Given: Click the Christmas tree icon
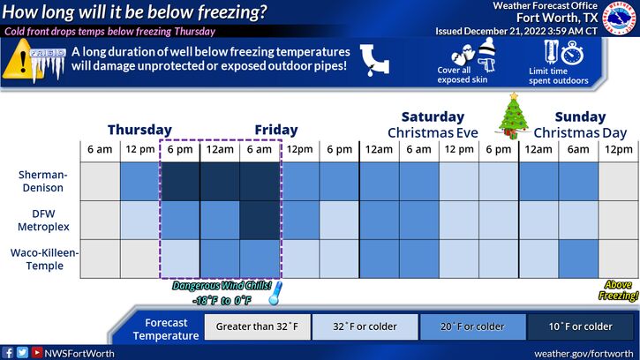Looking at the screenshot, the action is [513, 116].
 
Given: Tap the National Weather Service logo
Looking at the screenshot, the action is [621, 18].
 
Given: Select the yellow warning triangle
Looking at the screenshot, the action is [21, 59].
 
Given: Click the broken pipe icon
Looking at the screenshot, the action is [374, 60].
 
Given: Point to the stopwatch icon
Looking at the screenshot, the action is [572, 53].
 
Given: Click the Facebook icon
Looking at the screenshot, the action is [7, 353].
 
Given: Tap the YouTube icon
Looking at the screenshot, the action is [37, 352].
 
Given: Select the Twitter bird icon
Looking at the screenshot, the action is [22, 353].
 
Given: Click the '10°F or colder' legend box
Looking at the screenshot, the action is [580, 326].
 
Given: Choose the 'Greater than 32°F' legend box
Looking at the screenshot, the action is [257, 326].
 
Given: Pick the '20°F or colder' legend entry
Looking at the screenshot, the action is [472, 326].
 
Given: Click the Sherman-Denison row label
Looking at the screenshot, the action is [42, 181].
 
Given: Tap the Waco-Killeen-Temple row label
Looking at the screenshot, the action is [44, 259].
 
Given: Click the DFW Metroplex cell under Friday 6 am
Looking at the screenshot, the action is [260, 220].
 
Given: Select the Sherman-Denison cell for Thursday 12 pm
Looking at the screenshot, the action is [140, 181].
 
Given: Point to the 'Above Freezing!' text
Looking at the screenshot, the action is [618, 290].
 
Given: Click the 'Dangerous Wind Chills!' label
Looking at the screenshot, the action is [222, 286].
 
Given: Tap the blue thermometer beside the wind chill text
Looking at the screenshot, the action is [275, 293].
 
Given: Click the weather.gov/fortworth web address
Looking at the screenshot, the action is [584, 354].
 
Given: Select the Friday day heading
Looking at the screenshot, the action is [276, 130].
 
